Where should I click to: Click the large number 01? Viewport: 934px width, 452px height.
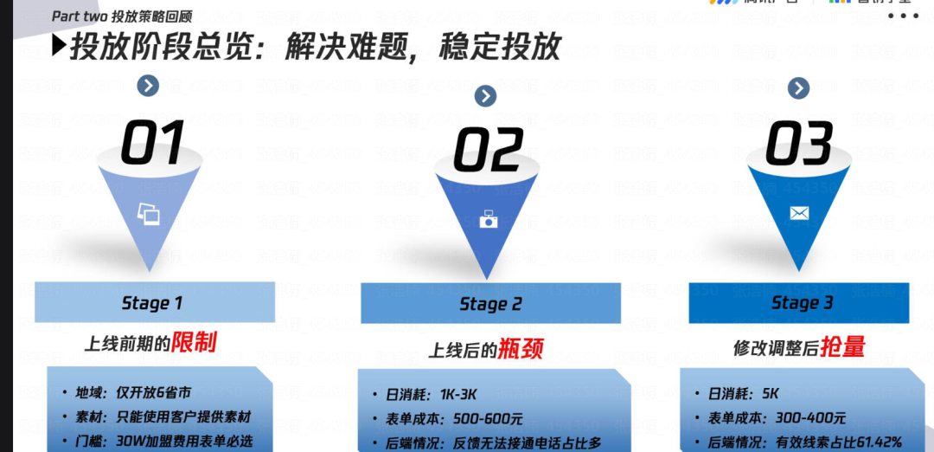[x=152, y=144]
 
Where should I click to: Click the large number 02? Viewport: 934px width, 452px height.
[x=489, y=150]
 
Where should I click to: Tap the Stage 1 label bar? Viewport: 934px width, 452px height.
[x=154, y=303]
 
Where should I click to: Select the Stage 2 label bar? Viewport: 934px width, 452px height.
[x=490, y=304]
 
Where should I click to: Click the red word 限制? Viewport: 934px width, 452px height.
[x=194, y=342]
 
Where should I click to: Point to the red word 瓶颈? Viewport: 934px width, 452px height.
[x=521, y=349]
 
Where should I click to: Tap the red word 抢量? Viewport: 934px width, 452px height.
[x=842, y=346]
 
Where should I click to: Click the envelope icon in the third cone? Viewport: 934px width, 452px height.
[x=799, y=213]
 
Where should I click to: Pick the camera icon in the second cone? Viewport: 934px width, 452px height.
[x=489, y=220]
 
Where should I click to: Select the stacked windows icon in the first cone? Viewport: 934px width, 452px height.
[x=149, y=214]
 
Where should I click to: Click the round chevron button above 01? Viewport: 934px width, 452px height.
[x=148, y=85]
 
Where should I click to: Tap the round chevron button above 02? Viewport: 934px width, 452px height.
[x=485, y=95]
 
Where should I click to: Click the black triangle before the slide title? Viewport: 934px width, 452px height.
[x=58, y=44]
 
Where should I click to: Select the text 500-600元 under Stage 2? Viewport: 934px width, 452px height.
[x=488, y=419]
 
